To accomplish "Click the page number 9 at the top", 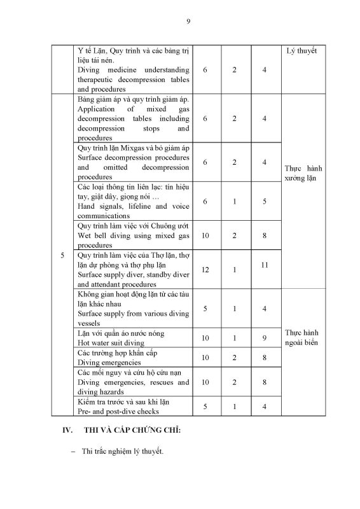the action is point(188,21).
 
